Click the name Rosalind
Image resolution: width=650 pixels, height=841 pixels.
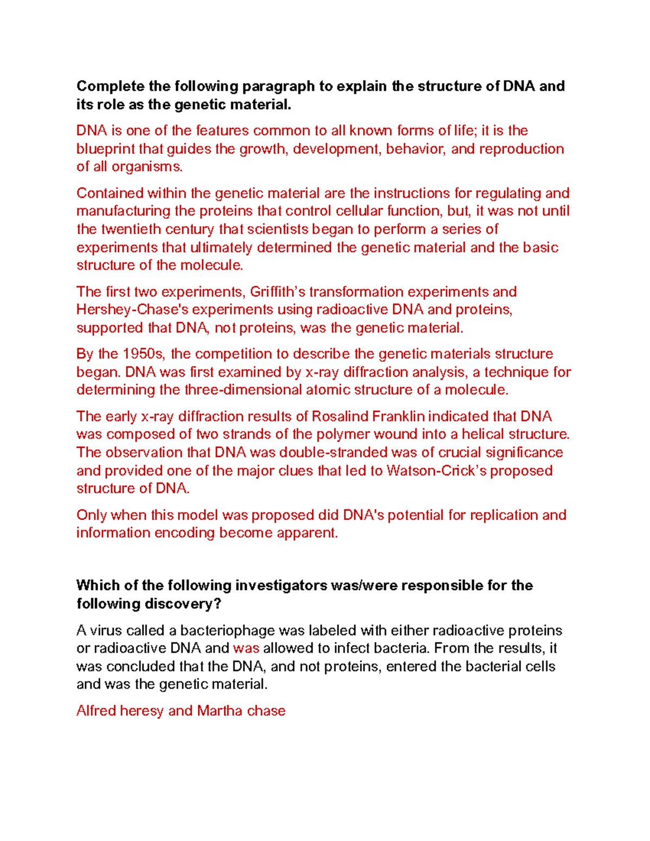click(340, 416)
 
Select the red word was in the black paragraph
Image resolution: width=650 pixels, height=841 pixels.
click(246, 649)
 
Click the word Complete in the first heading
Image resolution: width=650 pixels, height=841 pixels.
click(110, 87)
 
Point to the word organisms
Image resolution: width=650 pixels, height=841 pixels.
click(147, 167)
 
